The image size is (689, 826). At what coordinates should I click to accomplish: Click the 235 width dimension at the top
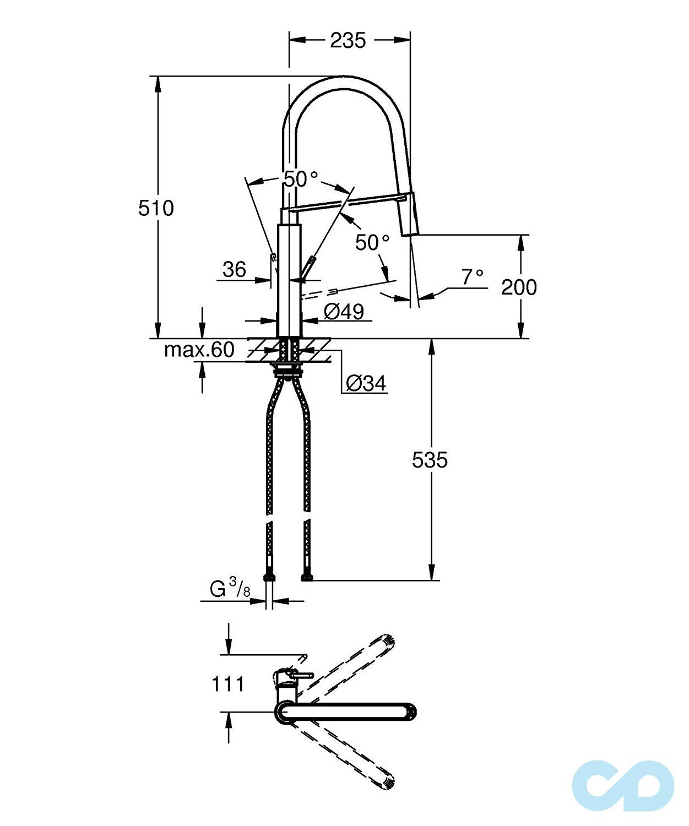pos(348,40)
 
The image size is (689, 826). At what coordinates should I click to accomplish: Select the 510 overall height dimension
pos(156,208)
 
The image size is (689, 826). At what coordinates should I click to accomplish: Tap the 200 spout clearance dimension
pos(518,287)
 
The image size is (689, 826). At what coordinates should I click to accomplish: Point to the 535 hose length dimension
pos(430,460)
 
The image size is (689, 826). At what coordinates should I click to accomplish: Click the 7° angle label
pos(472,277)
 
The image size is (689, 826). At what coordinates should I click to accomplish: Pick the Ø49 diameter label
pos(344,312)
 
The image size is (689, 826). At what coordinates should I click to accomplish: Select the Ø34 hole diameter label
pos(366,383)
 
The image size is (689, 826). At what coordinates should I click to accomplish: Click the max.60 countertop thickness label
pos(199,350)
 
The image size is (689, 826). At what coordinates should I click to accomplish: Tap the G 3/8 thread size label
pos(230,589)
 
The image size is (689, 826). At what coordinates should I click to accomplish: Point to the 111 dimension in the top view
pos(228,684)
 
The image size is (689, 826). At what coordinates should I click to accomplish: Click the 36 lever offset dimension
pos(234,269)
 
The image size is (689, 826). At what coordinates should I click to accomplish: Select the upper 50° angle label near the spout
pos(300,178)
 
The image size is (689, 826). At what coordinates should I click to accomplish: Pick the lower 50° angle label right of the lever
pos(372,242)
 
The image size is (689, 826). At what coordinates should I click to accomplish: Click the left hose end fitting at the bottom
pos(269,577)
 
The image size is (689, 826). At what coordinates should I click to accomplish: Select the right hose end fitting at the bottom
pos(307,577)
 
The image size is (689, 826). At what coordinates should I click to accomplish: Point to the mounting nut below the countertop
pos(288,371)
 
